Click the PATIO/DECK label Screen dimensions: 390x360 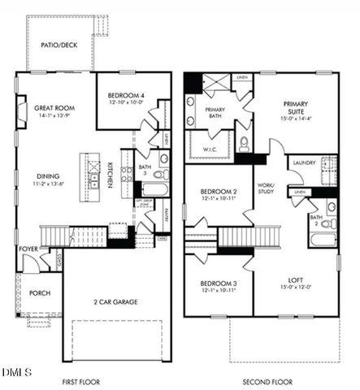pyautogui.click(x=59, y=45)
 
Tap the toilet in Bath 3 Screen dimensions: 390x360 pyautogui.click(x=160, y=174)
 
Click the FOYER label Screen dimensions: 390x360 pyautogui.click(x=28, y=249)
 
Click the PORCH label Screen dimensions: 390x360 pyautogui.click(x=39, y=293)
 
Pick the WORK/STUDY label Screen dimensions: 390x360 pyautogui.click(x=267, y=188)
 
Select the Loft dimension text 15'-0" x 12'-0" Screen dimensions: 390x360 pyautogui.click(x=296, y=286)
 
